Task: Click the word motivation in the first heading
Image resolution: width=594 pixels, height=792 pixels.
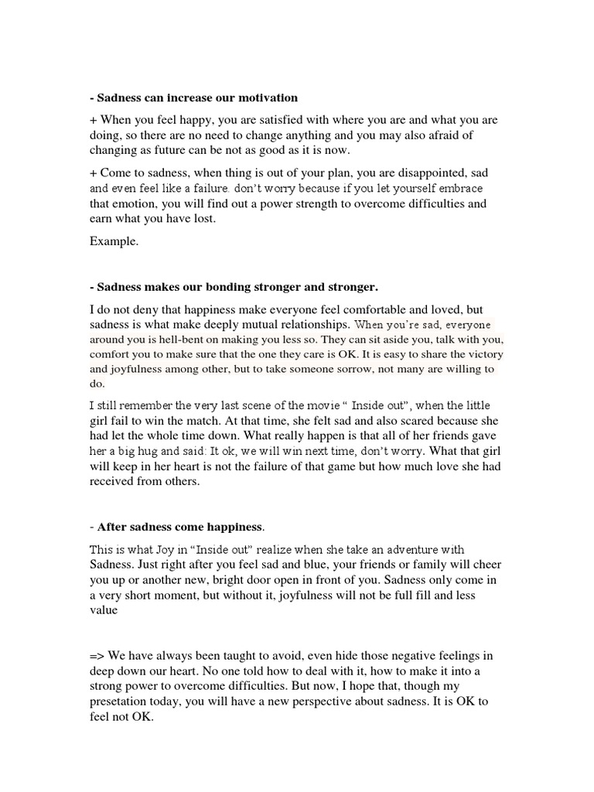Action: tap(264, 98)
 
